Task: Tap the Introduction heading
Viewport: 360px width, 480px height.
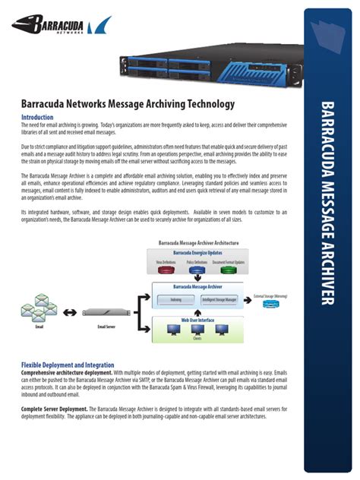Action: (37, 118)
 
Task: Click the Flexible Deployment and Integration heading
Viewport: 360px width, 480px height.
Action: (68, 365)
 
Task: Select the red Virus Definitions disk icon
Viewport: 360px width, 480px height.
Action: (166, 268)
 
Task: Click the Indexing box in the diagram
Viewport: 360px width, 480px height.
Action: (176, 299)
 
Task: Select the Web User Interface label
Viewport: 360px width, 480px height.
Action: (197, 321)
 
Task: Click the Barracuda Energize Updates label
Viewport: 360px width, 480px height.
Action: (197, 251)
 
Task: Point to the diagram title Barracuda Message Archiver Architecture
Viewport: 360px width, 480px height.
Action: (198, 243)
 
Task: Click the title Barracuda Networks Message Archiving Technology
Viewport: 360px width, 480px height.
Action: (128, 103)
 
